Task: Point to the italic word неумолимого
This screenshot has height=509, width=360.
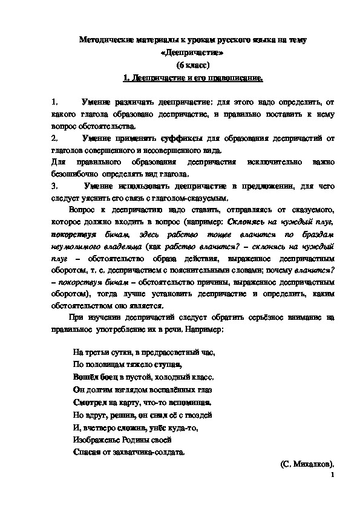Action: pos(73,246)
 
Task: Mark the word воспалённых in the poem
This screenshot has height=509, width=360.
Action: pos(171,389)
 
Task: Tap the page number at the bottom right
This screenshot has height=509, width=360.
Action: pos(332,476)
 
